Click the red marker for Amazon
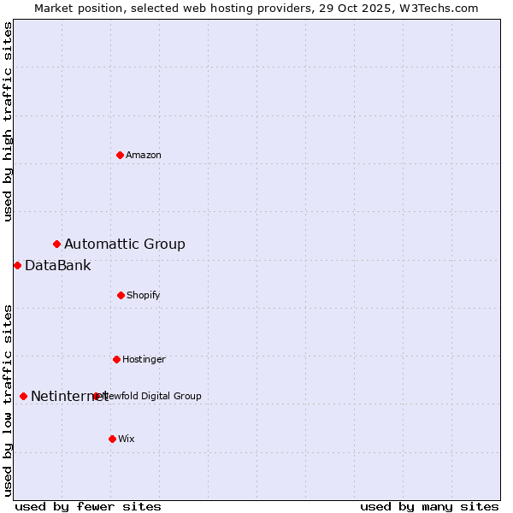tap(120, 155)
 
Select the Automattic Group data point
tap(56, 245)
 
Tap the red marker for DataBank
tap(17, 265)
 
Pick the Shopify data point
tap(121, 295)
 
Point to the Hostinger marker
tap(116, 359)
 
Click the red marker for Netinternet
tap(23, 396)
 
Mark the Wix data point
tap(112, 439)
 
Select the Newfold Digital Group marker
tap(96, 396)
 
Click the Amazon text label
tap(144, 155)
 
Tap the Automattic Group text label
tap(125, 245)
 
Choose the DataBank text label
tap(57, 265)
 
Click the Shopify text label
tap(144, 295)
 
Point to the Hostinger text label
tap(144, 359)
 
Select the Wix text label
tap(127, 439)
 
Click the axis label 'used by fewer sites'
tap(88, 506)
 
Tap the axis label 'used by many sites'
tap(429, 506)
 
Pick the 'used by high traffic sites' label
tap(8, 121)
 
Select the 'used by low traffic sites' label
tap(8, 400)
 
